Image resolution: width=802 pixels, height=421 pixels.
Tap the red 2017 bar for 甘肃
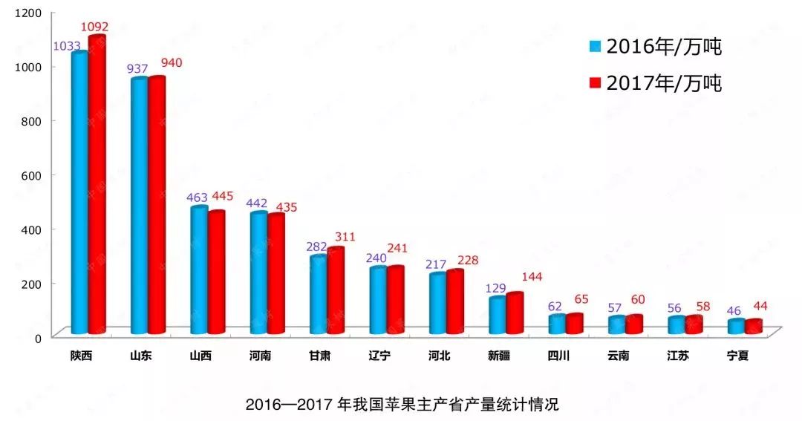336,290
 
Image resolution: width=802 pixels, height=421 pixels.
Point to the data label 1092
95,27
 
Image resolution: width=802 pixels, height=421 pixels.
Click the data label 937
137,68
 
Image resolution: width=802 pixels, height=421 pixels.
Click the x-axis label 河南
260,356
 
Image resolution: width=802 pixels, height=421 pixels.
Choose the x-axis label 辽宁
379,356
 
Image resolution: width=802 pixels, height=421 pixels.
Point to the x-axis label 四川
557,356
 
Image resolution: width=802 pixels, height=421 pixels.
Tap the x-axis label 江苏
677,356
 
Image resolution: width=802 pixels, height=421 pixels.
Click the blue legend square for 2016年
595,47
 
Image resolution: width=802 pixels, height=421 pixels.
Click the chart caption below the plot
402,405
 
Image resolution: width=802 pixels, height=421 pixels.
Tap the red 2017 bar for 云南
633,324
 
